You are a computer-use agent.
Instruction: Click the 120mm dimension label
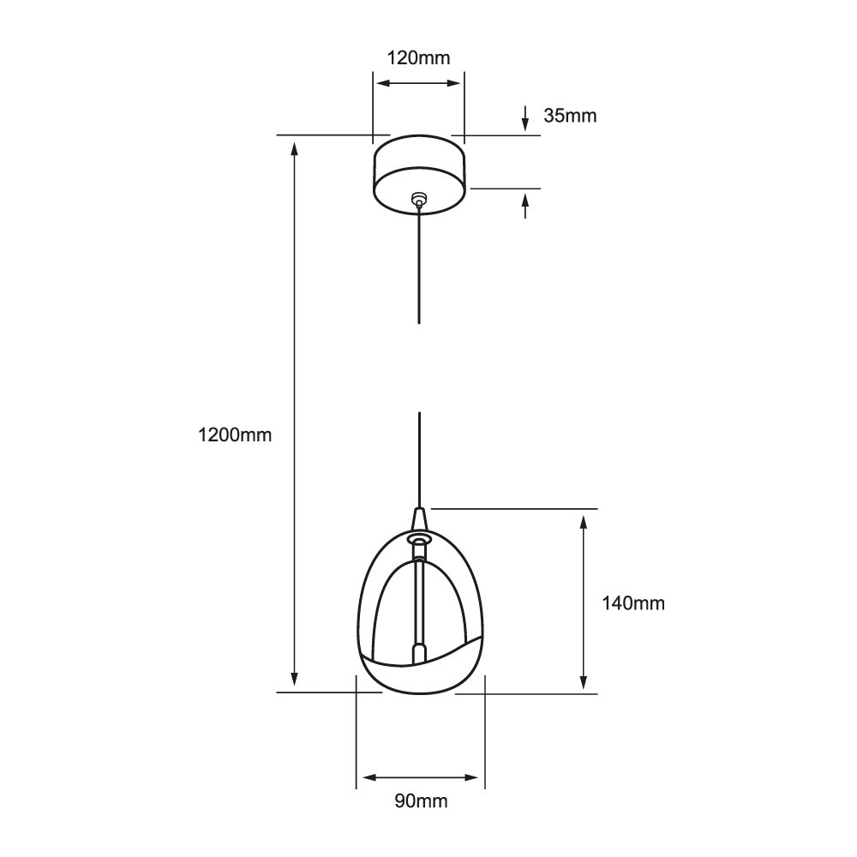click(417, 58)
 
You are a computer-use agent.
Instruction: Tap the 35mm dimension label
click(569, 116)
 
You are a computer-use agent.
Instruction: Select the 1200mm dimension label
click(234, 434)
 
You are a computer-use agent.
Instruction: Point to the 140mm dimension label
click(632, 603)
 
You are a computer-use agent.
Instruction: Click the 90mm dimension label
click(421, 801)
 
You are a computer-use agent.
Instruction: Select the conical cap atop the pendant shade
click(419, 519)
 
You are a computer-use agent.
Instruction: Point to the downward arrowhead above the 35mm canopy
click(525, 125)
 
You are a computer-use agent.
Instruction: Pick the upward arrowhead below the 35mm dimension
click(525, 200)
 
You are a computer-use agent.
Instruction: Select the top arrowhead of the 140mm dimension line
click(584, 523)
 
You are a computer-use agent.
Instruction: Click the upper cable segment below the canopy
click(418, 266)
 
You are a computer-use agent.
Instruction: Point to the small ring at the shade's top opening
click(419, 539)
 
